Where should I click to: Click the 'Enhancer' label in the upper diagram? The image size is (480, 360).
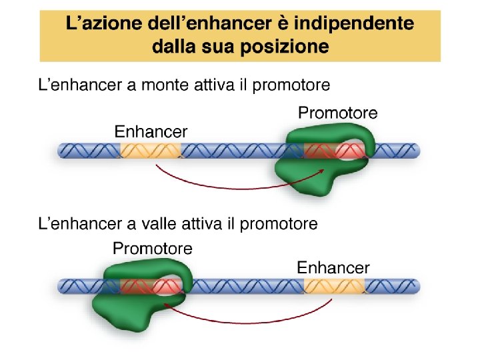(x=151, y=131)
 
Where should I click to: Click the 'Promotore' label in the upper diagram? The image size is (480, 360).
(x=337, y=113)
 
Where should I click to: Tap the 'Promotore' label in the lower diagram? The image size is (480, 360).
(x=153, y=249)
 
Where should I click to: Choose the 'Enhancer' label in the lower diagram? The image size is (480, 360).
(x=333, y=268)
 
